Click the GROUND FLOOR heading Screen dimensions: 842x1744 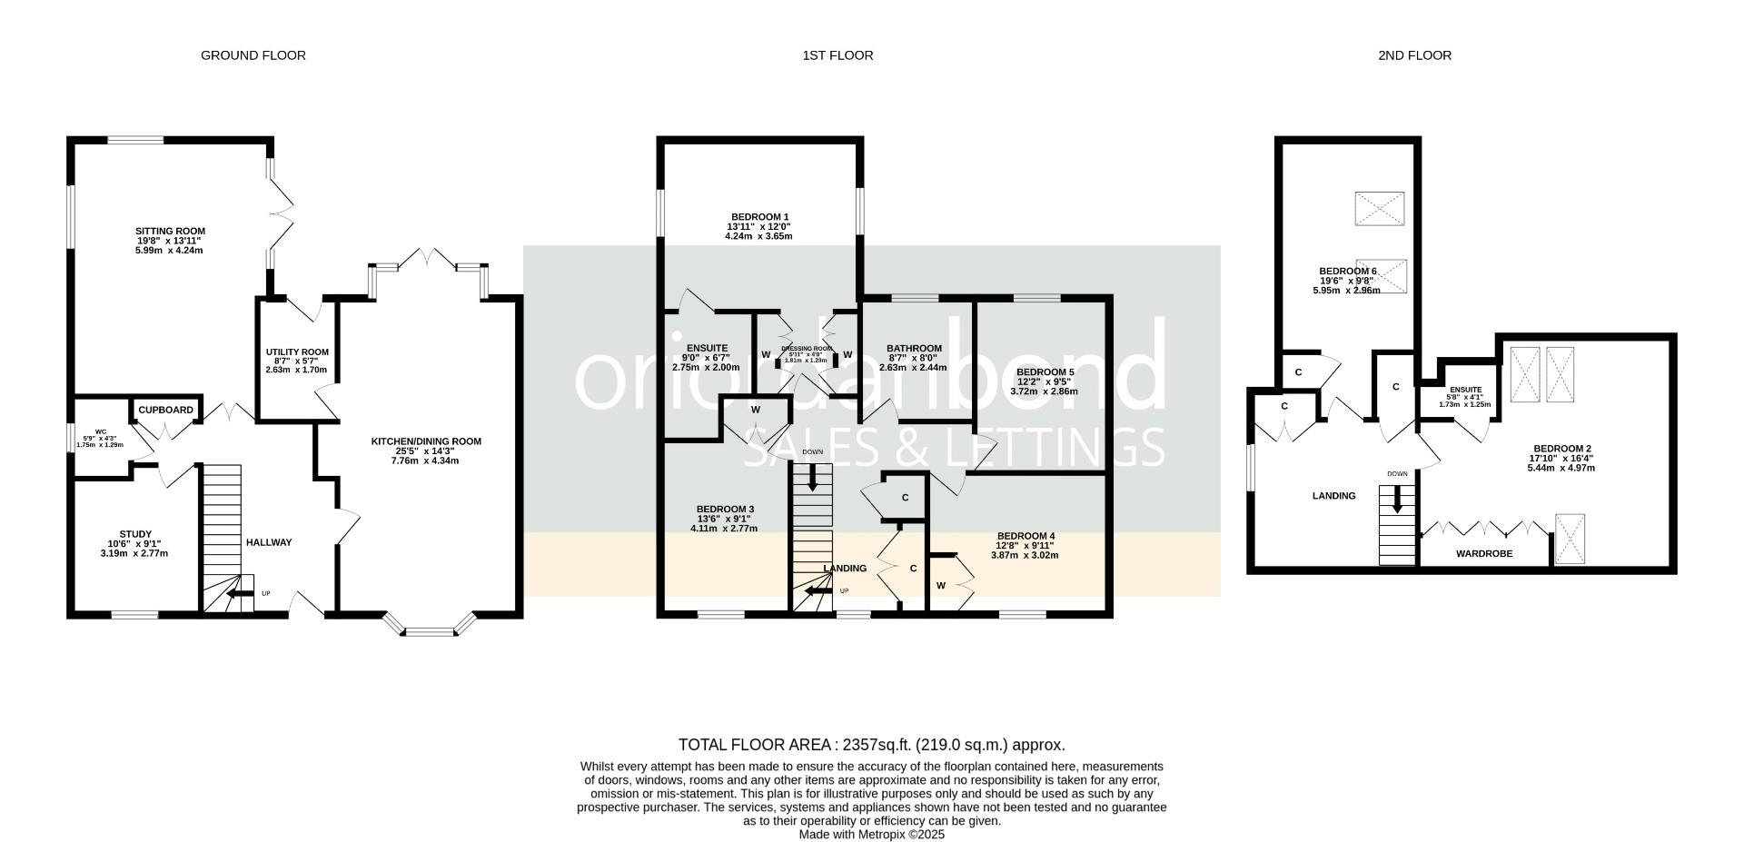pos(253,55)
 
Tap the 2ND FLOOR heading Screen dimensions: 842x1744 pos(1414,55)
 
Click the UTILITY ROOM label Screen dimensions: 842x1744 pos(297,352)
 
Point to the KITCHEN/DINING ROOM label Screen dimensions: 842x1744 pos(426,442)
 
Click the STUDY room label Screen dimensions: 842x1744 pos(135,534)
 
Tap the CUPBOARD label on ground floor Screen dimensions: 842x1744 pos(165,411)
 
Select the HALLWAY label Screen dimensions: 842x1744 pos(269,543)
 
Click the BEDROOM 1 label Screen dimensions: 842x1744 pos(759,216)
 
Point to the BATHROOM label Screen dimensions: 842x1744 pos(914,349)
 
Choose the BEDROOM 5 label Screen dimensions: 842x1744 pos(1045,372)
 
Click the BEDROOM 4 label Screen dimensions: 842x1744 pos(1026,536)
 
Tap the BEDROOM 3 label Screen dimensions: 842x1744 pos(725,509)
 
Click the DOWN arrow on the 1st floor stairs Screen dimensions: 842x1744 pos(812,477)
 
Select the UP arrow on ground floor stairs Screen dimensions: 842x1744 pos(239,595)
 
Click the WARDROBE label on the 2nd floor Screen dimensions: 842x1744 pos(1483,553)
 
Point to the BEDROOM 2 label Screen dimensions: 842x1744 pos(1561,449)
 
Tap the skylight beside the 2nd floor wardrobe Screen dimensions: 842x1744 pos(1569,540)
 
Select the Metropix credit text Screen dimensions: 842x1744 pos(871,834)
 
